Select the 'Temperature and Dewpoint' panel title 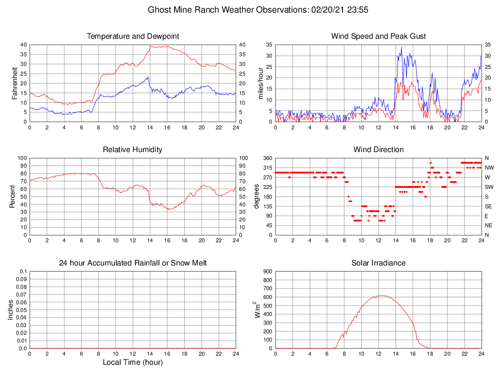pyautogui.click(x=133, y=36)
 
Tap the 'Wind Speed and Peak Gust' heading pyautogui.click(x=379, y=36)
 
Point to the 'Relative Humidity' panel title pyautogui.click(x=133, y=150)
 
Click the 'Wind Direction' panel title pyautogui.click(x=379, y=150)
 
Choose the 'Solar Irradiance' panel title pyautogui.click(x=379, y=263)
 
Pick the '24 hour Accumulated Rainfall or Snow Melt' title pyautogui.click(x=133, y=263)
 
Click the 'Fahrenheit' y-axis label pyautogui.click(x=15, y=83)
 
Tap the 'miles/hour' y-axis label pyautogui.click(x=261, y=83)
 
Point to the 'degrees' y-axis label pyautogui.click(x=257, y=196)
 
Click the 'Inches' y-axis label pyautogui.click(x=11, y=310)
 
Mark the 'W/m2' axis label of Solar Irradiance pyautogui.click(x=257, y=310)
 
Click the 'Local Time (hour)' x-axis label pyautogui.click(x=133, y=362)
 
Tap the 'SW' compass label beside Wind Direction pyautogui.click(x=489, y=187)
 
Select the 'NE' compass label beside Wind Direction pyautogui.click(x=489, y=225)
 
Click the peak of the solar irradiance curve pyautogui.click(x=382, y=296)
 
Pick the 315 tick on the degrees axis pyautogui.click(x=267, y=168)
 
